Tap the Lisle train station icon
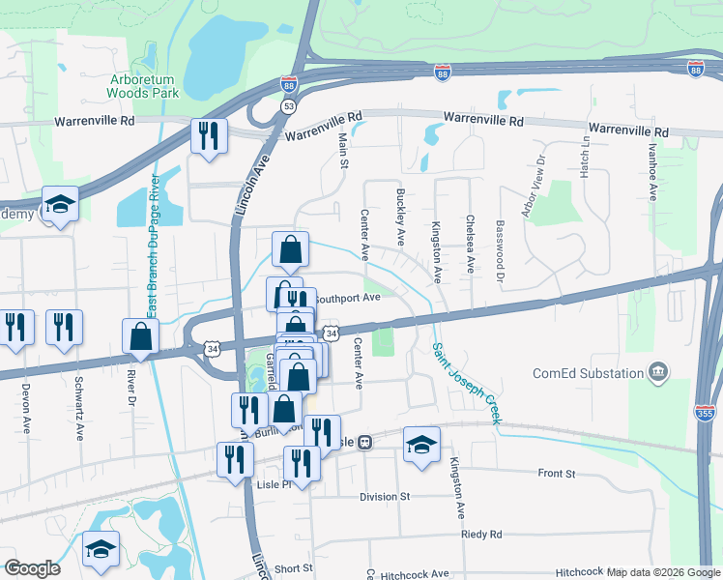pyautogui.click(x=365, y=442)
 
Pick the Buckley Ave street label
pyautogui.click(x=400, y=216)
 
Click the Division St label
pyautogui.click(x=385, y=497)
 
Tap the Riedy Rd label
pyautogui.click(x=482, y=534)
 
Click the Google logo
pyautogui.click(x=33, y=568)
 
